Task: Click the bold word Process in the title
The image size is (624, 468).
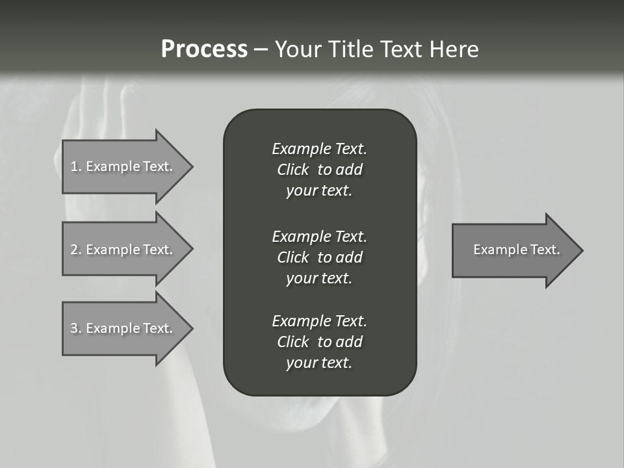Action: (204, 49)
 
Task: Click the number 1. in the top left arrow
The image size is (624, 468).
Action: (76, 166)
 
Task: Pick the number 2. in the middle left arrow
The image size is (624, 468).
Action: (76, 250)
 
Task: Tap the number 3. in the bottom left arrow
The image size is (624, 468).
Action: (76, 328)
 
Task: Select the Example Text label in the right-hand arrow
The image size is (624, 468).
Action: (516, 250)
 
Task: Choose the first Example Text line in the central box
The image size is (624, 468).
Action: (319, 149)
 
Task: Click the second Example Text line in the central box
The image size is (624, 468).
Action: (319, 236)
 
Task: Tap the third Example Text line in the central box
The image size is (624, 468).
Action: (319, 321)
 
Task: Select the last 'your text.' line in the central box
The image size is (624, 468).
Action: (319, 363)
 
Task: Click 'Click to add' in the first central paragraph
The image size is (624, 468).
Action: (319, 170)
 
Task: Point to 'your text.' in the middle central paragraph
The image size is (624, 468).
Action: (319, 278)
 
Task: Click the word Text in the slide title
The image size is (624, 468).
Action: (399, 49)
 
